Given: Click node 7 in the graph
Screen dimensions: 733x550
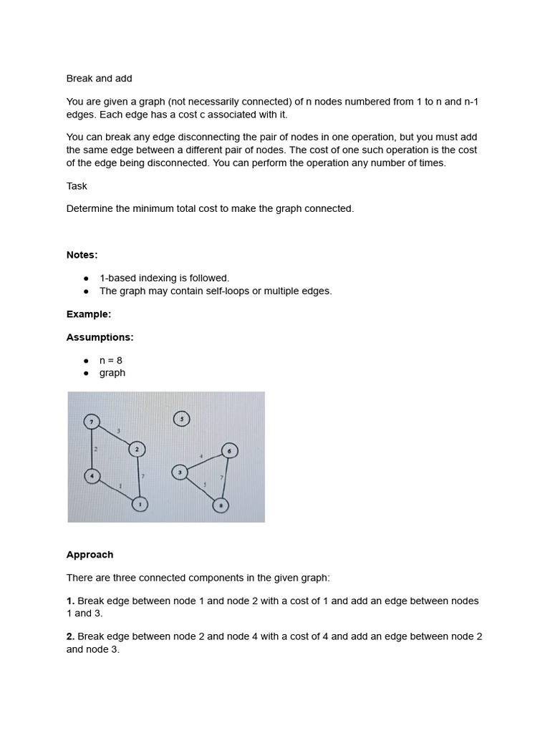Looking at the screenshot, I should coord(92,422).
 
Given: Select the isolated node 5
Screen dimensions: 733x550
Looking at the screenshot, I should coord(182,419).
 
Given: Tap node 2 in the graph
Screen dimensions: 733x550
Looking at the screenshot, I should coord(137,449).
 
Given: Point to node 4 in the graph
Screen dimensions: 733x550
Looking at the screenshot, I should coord(92,475).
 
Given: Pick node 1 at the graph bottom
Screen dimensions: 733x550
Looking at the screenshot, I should coord(140,505).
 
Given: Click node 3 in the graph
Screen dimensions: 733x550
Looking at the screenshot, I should coord(180,472).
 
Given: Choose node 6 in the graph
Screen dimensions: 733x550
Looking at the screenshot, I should coord(229,451).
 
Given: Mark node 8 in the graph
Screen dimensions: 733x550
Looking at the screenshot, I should coord(221,505).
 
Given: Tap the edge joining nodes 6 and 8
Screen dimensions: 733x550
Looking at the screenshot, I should coord(226,478).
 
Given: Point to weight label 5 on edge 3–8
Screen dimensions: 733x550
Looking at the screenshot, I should coord(205,485).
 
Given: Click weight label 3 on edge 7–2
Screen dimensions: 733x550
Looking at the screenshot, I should coord(118,429).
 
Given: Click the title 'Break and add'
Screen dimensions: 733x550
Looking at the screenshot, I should coord(99,78).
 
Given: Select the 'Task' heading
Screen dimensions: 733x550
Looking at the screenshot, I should coord(77,186).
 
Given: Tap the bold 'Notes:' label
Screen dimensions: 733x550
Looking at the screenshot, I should coord(82,255).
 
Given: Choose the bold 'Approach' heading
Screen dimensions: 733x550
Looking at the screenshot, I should coord(90,555).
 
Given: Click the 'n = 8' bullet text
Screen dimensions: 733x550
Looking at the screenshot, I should coord(111,360).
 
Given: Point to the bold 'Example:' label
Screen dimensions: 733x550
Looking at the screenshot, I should coord(89,314).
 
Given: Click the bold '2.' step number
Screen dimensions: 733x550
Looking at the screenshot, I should coord(70,636).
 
